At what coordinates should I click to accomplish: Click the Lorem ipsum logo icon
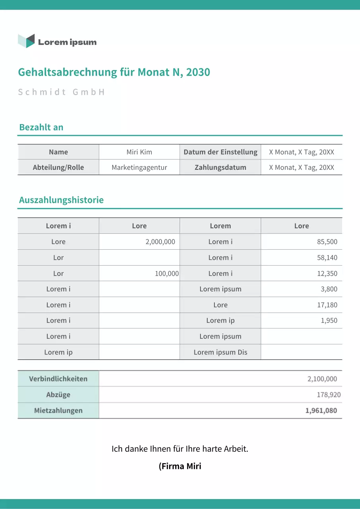(x=26, y=41)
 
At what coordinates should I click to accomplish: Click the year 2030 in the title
(x=198, y=72)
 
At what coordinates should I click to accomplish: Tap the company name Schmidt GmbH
(x=61, y=92)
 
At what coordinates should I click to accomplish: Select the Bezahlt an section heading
(x=41, y=127)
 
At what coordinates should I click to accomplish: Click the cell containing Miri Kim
(x=139, y=152)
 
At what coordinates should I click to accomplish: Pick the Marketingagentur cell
(x=139, y=167)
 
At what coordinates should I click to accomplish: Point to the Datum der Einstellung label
(x=220, y=152)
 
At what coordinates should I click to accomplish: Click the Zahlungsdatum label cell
(x=220, y=167)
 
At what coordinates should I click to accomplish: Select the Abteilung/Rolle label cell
(x=58, y=167)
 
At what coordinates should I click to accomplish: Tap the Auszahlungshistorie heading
(x=61, y=200)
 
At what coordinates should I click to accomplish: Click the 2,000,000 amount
(x=160, y=242)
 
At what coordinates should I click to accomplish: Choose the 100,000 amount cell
(x=167, y=274)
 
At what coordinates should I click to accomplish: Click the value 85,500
(x=327, y=242)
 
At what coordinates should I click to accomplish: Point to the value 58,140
(x=327, y=258)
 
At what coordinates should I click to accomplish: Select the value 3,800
(x=329, y=289)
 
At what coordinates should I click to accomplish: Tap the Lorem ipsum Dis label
(x=220, y=352)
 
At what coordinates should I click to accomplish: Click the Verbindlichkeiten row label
(x=58, y=379)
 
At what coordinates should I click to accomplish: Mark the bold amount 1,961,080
(x=321, y=410)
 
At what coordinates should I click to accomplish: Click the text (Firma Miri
(x=180, y=466)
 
